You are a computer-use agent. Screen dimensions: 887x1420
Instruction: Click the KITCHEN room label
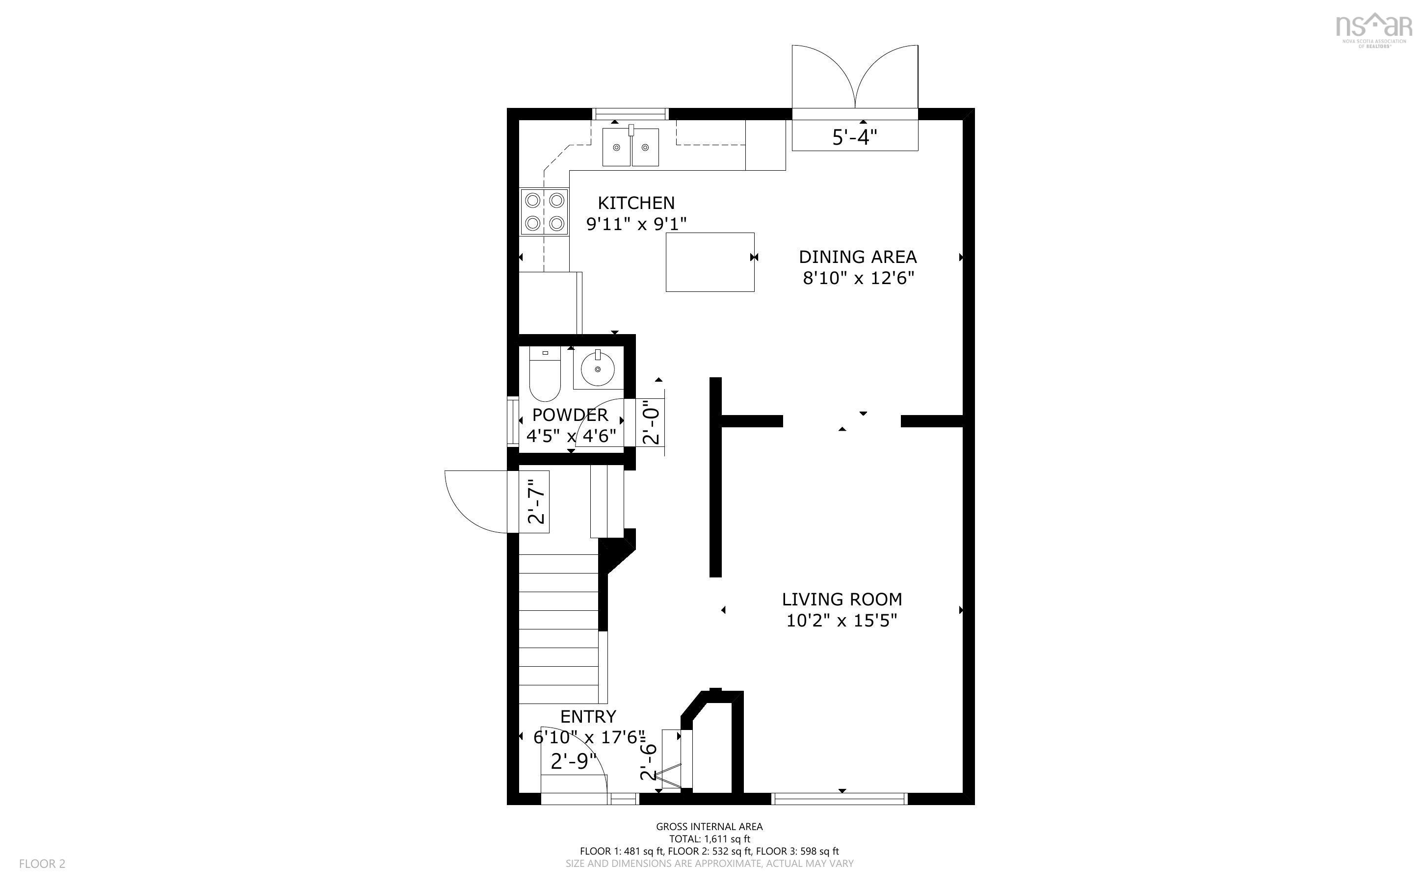(636, 203)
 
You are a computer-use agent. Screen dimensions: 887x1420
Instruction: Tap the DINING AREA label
(858, 257)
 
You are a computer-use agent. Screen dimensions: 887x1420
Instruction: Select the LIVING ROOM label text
(841, 599)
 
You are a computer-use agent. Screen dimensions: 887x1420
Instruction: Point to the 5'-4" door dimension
(855, 137)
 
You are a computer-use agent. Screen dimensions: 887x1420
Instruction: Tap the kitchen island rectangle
(710, 261)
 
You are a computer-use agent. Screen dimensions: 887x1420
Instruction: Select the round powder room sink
(598, 368)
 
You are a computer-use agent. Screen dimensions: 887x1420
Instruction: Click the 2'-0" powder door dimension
(651, 422)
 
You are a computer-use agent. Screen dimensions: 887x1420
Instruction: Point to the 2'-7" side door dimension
(536, 501)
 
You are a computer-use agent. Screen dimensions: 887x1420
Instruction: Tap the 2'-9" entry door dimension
(573, 761)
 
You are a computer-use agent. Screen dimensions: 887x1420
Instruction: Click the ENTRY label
(588, 716)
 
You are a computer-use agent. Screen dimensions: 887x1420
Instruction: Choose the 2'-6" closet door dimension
(648, 762)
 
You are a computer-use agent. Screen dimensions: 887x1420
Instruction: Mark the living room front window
(840, 798)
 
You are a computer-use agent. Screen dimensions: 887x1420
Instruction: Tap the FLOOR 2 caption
(42, 863)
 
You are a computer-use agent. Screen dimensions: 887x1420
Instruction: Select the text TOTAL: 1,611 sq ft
(709, 839)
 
